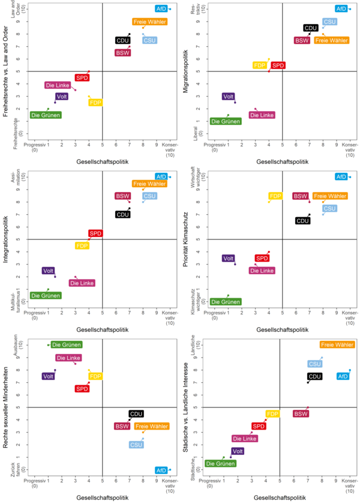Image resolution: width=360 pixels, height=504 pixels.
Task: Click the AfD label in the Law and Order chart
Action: (x=161, y=9)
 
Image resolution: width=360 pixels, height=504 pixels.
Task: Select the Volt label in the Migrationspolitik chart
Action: (x=228, y=97)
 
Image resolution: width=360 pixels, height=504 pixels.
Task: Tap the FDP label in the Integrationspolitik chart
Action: (x=82, y=245)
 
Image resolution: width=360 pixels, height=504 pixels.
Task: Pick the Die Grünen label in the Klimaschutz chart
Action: (x=226, y=302)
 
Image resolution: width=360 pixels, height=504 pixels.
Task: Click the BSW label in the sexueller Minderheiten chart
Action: (x=122, y=426)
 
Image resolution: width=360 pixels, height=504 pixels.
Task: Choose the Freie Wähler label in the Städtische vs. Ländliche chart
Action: (x=337, y=345)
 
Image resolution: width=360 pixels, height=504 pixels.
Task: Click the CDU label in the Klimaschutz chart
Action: (x=303, y=221)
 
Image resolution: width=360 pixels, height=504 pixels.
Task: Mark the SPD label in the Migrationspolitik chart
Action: (x=278, y=65)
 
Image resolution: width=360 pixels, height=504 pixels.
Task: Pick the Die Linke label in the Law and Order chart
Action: (x=58, y=85)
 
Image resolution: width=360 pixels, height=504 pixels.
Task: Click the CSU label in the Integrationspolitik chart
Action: (x=149, y=196)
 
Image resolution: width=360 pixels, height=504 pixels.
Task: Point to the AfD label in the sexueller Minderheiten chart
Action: (x=161, y=470)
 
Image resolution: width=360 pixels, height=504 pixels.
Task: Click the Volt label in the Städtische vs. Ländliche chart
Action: (x=238, y=451)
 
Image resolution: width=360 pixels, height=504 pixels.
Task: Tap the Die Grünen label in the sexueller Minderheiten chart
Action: (x=67, y=345)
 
